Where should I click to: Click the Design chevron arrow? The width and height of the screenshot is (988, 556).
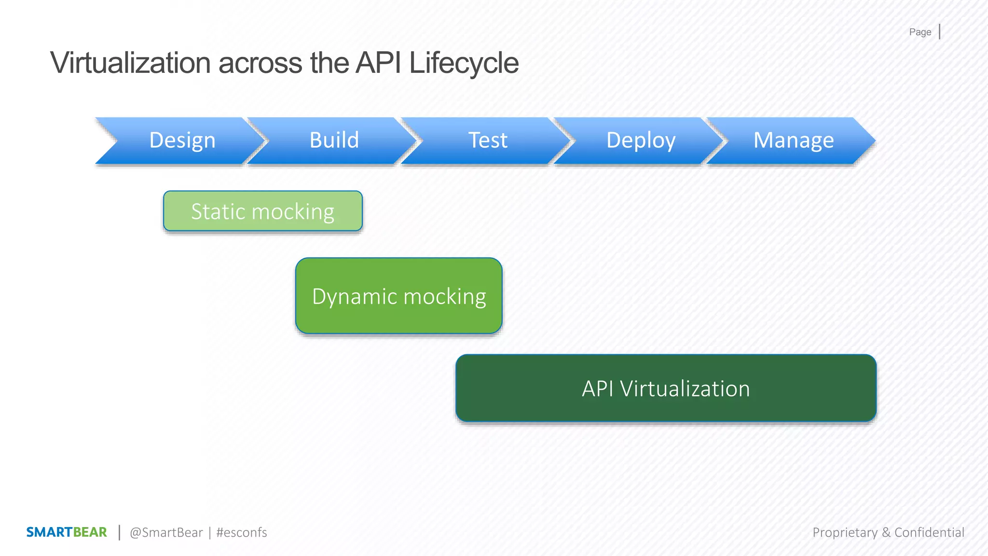tap(182, 140)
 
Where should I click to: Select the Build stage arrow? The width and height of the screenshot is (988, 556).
tap(334, 140)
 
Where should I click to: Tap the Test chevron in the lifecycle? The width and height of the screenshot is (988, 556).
tap(487, 140)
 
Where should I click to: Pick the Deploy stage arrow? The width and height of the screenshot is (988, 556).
tap(640, 140)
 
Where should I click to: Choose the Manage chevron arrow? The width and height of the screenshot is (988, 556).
tap(793, 140)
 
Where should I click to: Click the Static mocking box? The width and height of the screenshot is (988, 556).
tap(263, 211)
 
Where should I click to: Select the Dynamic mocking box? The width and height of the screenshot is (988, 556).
tap(399, 295)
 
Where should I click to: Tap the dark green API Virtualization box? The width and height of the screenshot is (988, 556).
tap(666, 388)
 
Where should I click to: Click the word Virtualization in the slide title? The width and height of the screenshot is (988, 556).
tap(130, 63)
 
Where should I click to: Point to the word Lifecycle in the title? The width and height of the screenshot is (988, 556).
tap(464, 63)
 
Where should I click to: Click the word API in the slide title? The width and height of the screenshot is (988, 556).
tap(378, 63)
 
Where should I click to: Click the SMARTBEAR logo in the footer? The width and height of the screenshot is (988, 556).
tap(67, 532)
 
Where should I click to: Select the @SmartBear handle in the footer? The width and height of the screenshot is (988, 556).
tap(166, 532)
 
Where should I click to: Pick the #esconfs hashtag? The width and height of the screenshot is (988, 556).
tap(241, 532)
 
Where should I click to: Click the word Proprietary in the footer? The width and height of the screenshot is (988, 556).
tap(845, 532)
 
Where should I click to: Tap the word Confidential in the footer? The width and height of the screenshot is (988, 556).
tap(929, 532)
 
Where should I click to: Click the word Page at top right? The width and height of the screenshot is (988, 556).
tap(920, 32)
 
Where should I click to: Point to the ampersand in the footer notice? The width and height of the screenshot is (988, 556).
tap(886, 532)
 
